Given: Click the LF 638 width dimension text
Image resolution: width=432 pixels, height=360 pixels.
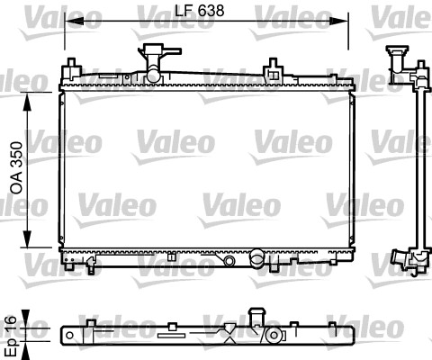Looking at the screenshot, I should (x=194, y=10).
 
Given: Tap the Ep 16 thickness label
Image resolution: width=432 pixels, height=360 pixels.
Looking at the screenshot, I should (x=11, y=333).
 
